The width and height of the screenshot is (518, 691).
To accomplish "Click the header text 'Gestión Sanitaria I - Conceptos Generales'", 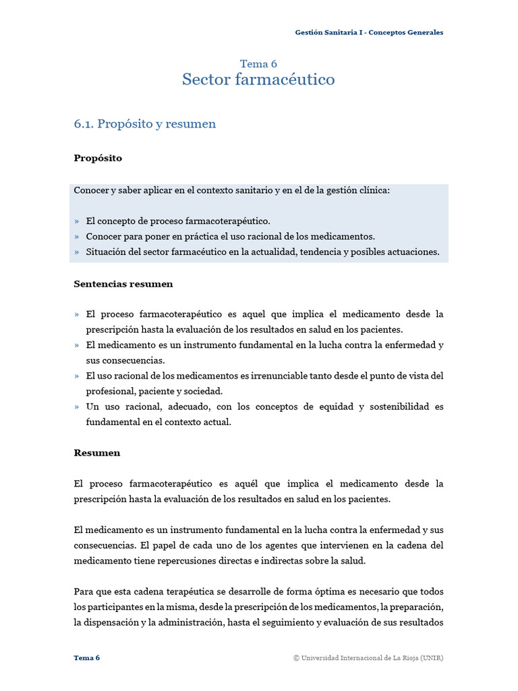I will [x=369, y=32].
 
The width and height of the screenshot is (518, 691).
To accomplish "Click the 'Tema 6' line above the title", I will [x=258, y=64].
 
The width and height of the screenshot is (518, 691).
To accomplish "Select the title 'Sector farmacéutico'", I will [x=258, y=80].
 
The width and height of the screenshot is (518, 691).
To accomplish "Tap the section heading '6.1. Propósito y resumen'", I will [x=145, y=124].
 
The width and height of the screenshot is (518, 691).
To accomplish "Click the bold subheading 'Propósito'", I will [x=98, y=158].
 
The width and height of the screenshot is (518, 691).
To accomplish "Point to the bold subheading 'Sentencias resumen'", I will [x=123, y=284].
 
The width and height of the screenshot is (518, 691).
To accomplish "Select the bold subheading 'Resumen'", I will [x=96, y=453].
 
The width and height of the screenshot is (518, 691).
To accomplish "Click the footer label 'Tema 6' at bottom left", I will [x=87, y=658].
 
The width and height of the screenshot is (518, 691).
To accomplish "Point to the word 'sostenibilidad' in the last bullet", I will [x=391, y=407].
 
